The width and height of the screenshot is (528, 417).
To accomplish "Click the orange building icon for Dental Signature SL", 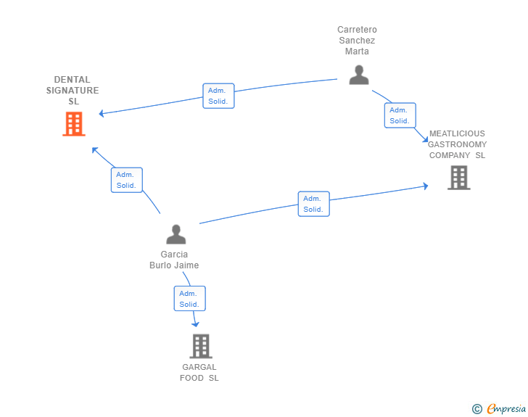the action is pos(74,124).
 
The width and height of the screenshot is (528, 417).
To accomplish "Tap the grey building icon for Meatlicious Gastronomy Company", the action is pos(458,178).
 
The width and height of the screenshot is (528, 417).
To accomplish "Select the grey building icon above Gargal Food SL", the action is pos(201,346).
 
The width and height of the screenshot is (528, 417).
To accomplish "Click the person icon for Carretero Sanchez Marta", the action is pos(359,75).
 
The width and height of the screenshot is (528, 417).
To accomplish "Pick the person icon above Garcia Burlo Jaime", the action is pos(176,234).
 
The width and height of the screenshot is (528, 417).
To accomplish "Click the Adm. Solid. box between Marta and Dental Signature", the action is pos(218,96).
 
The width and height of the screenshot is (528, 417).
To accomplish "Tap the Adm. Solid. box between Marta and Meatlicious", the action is pos(400,115).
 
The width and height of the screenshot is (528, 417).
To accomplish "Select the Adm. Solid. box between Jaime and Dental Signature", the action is pos(127,180).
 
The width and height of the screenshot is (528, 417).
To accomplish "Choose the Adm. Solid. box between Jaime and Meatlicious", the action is pos(314,204).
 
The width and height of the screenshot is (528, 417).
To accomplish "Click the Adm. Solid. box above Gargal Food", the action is pos(189,299).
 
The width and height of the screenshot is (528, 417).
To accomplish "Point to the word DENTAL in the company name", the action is pos(72,80).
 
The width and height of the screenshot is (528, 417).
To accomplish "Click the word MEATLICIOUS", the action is pos(457,133).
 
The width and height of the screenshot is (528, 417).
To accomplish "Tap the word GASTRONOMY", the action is pos(457,144).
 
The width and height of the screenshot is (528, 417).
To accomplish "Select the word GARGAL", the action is pos(199,367).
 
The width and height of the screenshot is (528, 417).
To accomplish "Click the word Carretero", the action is pos(357,30).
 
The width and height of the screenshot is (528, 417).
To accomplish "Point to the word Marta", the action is pos(357,51).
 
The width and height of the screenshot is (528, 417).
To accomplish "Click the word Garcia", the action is pos(174,255).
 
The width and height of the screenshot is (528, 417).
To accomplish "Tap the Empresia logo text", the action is pos(506,408).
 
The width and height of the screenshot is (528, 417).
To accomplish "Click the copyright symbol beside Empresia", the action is pos(477,409).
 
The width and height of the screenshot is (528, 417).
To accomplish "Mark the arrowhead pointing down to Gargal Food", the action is pos(195,324).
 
